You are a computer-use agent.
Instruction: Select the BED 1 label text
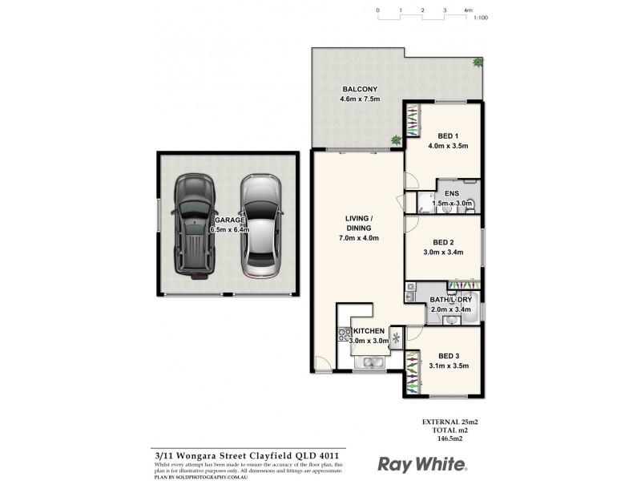[448, 135]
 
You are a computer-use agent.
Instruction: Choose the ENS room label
[454, 195]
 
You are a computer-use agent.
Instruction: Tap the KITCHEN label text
[369, 331]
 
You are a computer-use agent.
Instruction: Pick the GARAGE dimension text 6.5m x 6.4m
[231, 229]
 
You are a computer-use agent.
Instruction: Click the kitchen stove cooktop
[345, 337]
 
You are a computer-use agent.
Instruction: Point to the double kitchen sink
[370, 363]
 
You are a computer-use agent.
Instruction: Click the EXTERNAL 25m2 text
[449, 422]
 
